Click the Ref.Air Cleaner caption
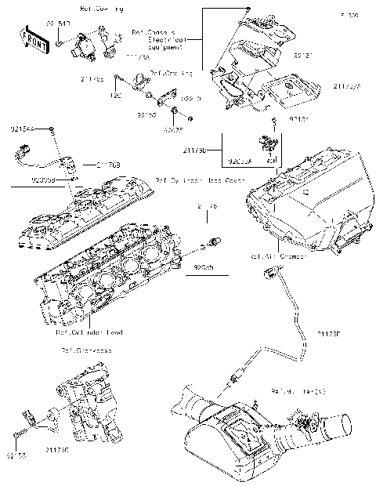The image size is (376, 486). click(x=273, y=256)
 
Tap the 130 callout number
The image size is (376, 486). click(x=116, y=95)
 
